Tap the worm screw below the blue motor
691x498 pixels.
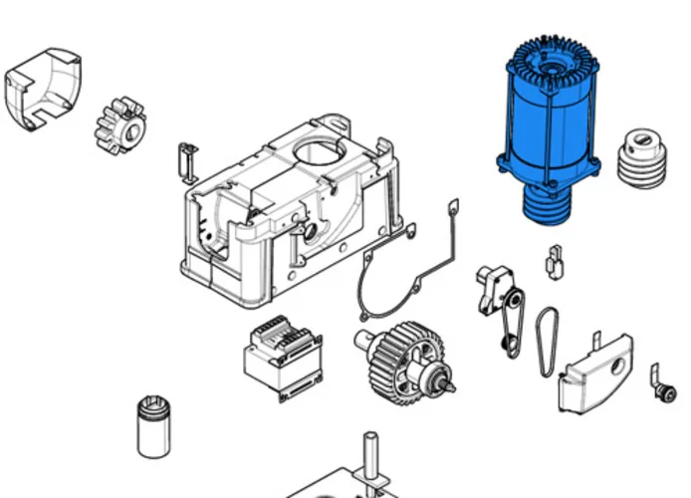[548, 204]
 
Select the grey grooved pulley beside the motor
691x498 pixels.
[642, 155]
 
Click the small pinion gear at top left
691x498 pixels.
[120, 123]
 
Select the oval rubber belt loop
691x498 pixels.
[547, 342]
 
